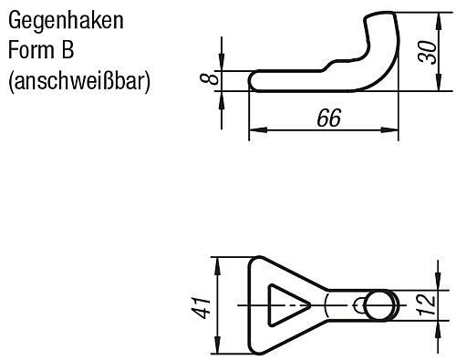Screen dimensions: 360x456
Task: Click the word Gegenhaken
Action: (x=65, y=18)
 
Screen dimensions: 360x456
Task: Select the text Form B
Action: (x=42, y=49)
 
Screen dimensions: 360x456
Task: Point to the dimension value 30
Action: (x=426, y=51)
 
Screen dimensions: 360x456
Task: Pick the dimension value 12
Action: (x=426, y=303)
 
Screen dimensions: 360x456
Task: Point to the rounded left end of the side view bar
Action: (x=254, y=81)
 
